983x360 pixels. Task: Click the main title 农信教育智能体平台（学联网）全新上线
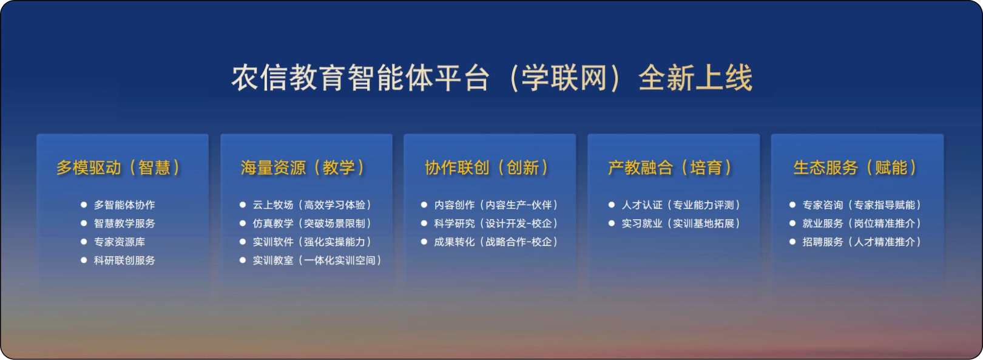tap(492, 78)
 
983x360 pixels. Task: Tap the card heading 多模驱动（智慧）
tap(118, 168)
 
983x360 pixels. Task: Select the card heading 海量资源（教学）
tap(303, 168)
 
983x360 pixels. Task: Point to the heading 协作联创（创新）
tap(487, 168)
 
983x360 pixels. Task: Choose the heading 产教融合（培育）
tap(670, 168)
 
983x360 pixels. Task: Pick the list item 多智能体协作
tap(124, 205)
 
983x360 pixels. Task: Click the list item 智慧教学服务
tap(124, 223)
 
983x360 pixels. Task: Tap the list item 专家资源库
tap(120, 242)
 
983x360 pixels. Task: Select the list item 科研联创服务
tap(124, 260)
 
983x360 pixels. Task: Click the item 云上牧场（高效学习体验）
tap(312, 205)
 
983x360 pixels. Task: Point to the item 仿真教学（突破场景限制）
tap(312, 223)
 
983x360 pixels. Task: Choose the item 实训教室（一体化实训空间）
tap(317, 260)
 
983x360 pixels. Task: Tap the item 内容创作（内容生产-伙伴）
tap(496, 205)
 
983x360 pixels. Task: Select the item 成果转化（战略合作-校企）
tap(496, 242)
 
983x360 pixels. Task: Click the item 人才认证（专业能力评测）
tap(681, 205)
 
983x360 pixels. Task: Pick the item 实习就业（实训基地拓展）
tap(681, 223)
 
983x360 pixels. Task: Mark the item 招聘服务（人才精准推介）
tap(862, 242)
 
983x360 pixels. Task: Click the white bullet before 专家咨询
tap(792, 205)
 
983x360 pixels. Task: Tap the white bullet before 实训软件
tap(242, 242)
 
